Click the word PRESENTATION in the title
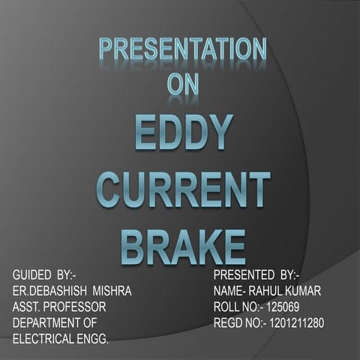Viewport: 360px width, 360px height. point(183,50)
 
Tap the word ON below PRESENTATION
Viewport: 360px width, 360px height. point(183,83)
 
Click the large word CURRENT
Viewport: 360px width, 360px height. point(183,190)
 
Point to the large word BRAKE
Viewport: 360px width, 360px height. point(183,247)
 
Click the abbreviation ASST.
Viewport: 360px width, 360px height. point(26,307)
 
